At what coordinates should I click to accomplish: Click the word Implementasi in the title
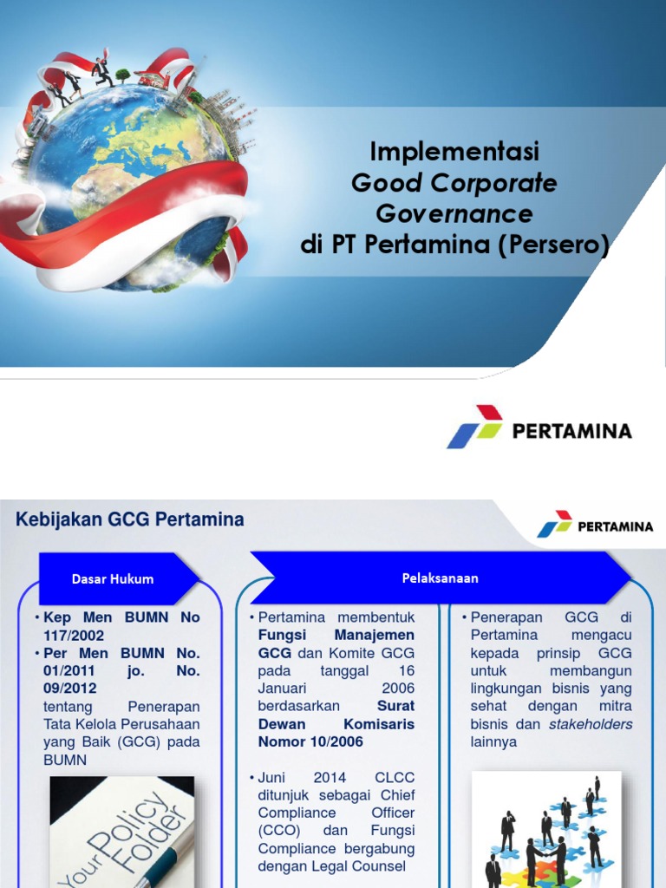click(454, 153)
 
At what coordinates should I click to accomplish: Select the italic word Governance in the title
click(454, 213)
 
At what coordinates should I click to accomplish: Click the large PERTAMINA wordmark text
click(572, 431)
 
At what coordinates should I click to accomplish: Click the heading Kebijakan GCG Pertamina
click(130, 520)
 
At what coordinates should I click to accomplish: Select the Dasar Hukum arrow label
click(113, 578)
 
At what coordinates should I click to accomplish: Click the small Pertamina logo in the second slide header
click(555, 524)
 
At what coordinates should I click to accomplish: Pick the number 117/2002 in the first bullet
click(75, 635)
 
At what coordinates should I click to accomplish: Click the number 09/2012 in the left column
click(70, 689)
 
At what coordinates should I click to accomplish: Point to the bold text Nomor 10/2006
click(310, 741)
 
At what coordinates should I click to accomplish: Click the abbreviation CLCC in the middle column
click(395, 778)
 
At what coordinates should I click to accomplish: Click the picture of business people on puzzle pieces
click(546, 828)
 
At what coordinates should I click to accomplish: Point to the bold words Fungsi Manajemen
click(336, 636)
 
